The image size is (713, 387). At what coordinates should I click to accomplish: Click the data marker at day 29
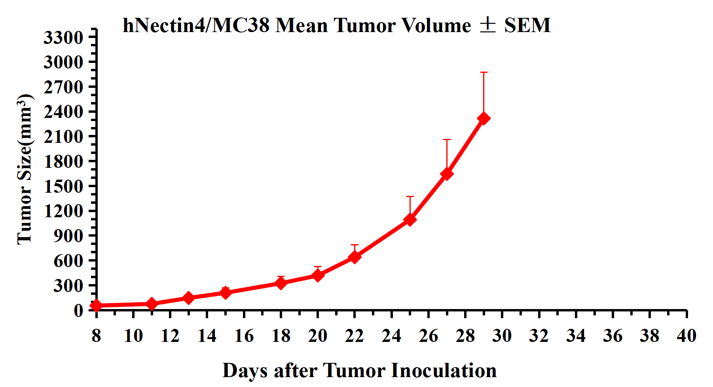click(484, 118)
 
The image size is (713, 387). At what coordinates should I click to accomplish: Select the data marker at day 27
click(447, 174)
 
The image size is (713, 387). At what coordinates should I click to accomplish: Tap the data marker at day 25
click(410, 219)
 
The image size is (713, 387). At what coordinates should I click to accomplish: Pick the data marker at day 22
click(355, 257)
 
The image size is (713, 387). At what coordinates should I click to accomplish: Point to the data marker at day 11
click(152, 304)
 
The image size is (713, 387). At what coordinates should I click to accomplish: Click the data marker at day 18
click(281, 283)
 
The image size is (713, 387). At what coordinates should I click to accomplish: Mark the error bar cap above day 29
click(484, 72)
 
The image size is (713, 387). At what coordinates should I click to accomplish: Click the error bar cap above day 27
click(447, 140)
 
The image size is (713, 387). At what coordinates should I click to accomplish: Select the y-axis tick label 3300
click(63, 38)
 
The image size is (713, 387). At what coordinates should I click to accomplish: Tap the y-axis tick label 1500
click(63, 186)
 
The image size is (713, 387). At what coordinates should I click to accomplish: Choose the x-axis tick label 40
click(686, 336)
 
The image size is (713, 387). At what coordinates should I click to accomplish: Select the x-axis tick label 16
click(244, 336)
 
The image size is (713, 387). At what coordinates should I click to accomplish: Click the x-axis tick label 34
click(576, 336)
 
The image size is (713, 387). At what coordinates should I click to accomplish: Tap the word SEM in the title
click(527, 25)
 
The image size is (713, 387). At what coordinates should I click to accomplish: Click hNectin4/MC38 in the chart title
click(196, 25)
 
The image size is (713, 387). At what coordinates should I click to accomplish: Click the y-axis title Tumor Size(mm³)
click(25, 169)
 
